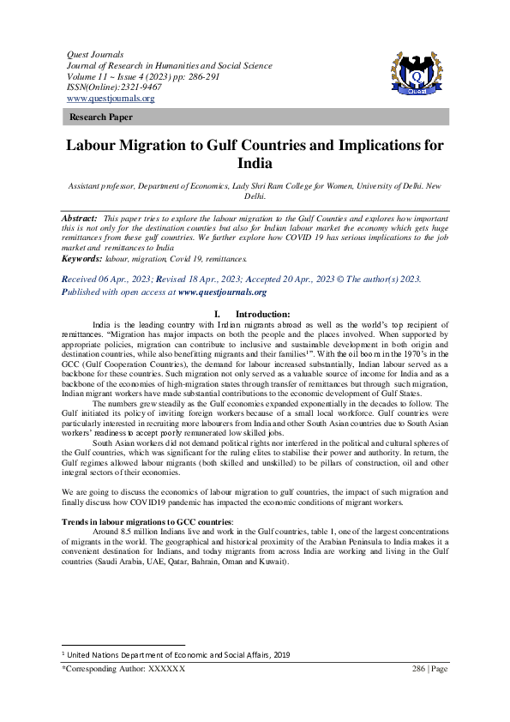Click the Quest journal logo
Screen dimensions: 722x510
point(417,70)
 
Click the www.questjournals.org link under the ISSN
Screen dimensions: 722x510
point(111,99)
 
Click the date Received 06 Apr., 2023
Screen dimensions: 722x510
point(109,280)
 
